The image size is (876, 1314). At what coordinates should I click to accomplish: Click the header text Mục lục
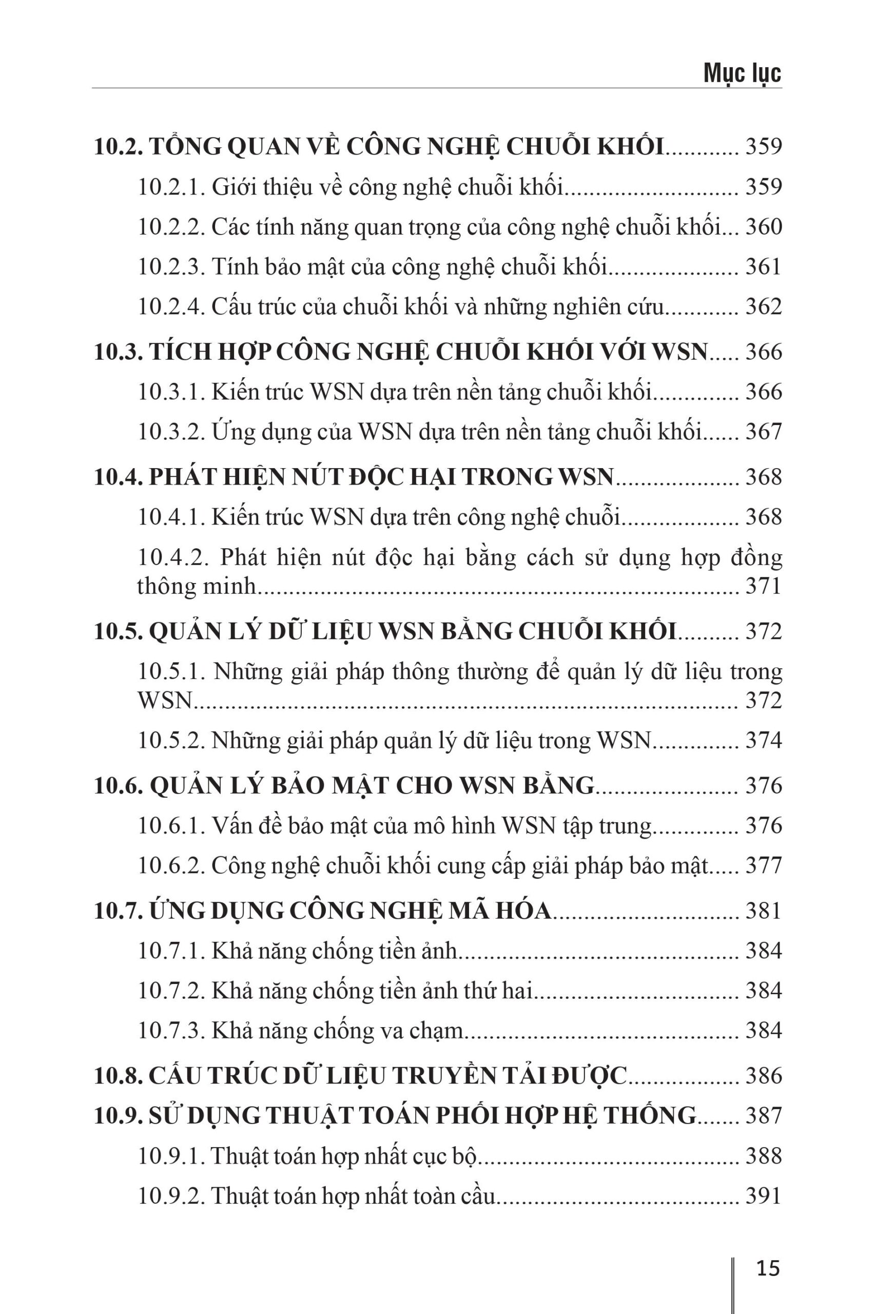point(742,72)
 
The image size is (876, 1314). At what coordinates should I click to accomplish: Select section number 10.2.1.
point(171,187)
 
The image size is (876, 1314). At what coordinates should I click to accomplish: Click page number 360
point(763,227)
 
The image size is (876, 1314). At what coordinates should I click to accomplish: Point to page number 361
point(763,267)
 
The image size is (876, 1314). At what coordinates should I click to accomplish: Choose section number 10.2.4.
point(171,307)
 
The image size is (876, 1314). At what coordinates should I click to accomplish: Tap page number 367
point(763,432)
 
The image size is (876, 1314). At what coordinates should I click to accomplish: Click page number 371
point(763,586)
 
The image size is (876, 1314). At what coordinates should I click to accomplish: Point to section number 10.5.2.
point(171,741)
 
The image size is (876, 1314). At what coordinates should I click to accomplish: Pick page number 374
point(763,741)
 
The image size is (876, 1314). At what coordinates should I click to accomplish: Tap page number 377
point(763,866)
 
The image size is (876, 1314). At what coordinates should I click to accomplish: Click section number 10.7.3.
point(171,1031)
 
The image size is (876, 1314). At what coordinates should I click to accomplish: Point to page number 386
point(763,1076)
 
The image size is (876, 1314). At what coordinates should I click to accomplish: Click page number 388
point(763,1156)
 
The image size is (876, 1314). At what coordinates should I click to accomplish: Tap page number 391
point(763,1196)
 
